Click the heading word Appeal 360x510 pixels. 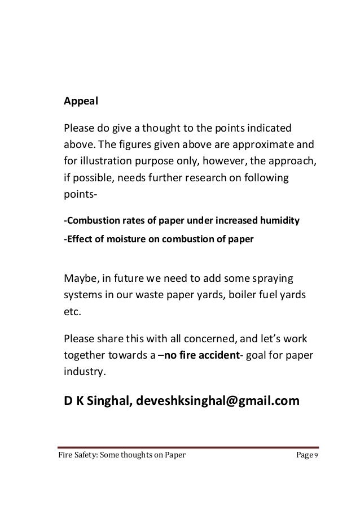pyautogui.click(x=81, y=102)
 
